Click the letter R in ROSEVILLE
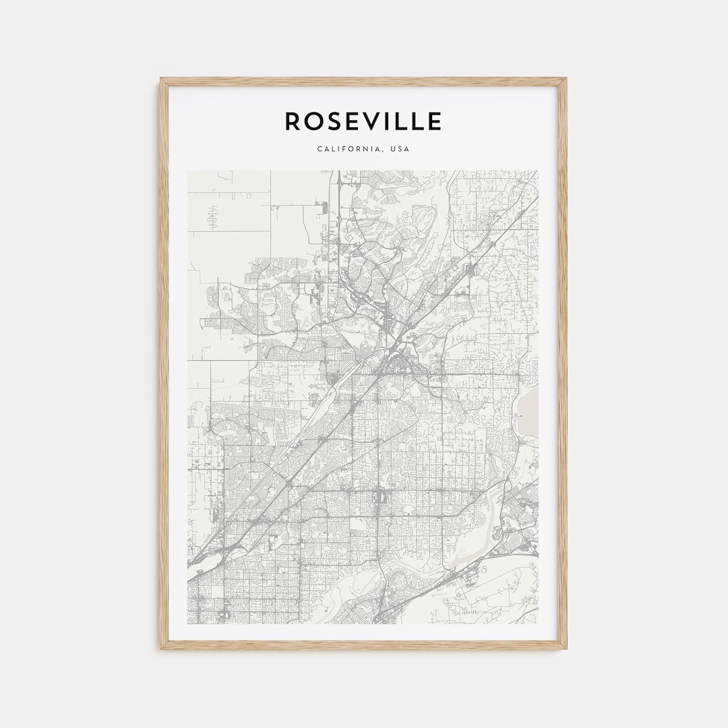(x=293, y=121)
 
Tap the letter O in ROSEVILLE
(x=315, y=121)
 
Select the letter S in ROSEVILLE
(x=337, y=121)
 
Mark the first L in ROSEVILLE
(x=406, y=121)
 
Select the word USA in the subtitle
(x=399, y=149)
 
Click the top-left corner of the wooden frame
(x=162, y=80)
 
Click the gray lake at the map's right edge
(x=530, y=411)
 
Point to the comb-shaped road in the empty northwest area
(x=213, y=217)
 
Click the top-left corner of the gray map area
(x=188, y=171)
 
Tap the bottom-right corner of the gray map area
(x=538, y=624)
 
